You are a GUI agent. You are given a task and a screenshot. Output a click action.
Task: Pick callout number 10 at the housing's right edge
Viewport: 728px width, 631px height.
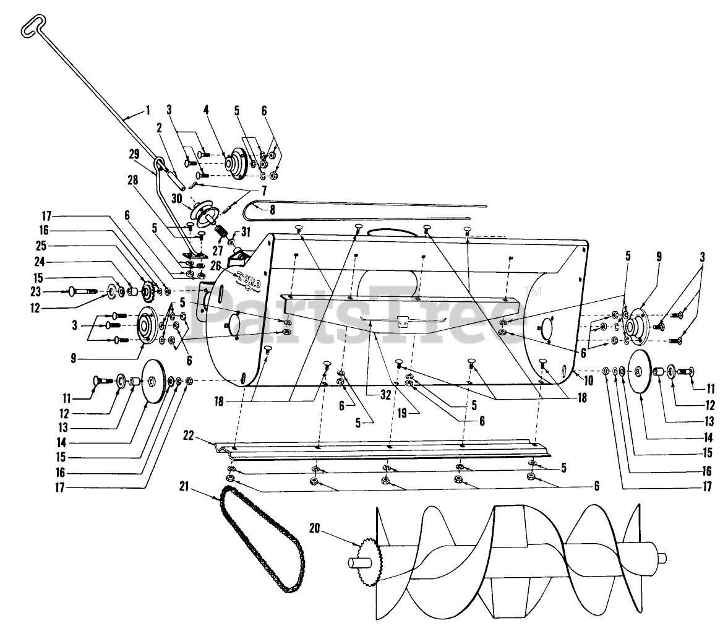pyautogui.click(x=588, y=380)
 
